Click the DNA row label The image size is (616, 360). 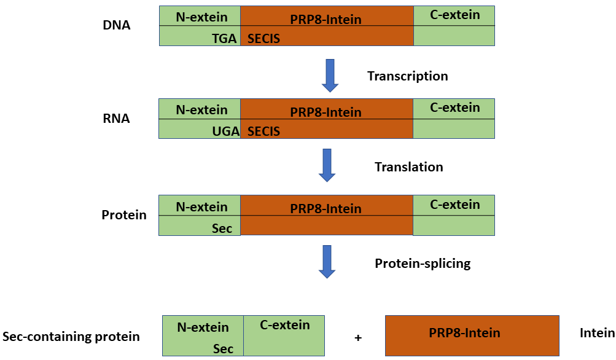point(116,25)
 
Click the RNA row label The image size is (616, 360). point(116,119)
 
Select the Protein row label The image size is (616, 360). point(124,215)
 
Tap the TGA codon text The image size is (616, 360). point(224,39)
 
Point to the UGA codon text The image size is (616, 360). point(226,131)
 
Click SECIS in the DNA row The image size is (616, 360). point(263,39)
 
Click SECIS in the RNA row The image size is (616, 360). point(263,131)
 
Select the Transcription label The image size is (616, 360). point(408,76)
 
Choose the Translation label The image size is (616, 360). point(409,166)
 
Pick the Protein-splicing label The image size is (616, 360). point(423,264)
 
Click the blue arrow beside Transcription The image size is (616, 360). point(330,76)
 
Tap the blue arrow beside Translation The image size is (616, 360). point(327,165)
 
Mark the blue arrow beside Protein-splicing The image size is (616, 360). point(327,262)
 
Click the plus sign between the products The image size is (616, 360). point(358,338)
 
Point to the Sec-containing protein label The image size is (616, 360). point(71,337)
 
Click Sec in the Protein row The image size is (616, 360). point(222,229)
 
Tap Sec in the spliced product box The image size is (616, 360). point(223,348)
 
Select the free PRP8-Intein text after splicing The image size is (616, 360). point(464,333)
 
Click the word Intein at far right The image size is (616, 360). point(597,333)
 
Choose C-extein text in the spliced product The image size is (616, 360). point(285,325)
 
